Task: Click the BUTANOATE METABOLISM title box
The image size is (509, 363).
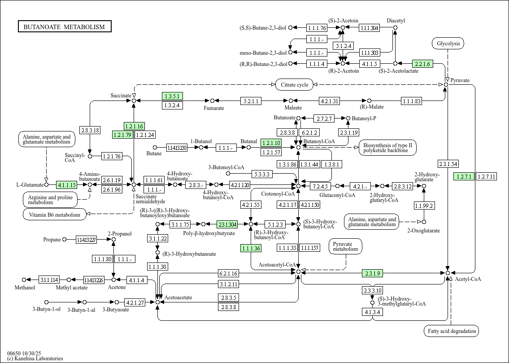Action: [x=65, y=27]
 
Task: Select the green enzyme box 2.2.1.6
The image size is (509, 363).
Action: [x=422, y=64]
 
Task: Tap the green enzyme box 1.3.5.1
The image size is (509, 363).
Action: [x=172, y=96]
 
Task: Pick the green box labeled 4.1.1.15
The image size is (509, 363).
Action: [x=66, y=184]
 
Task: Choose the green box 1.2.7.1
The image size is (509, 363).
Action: [x=463, y=176]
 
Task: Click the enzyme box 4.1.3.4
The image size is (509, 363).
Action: [x=373, y=312]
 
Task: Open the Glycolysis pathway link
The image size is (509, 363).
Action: [x=448, y=44]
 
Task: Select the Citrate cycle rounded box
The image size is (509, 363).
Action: [x=294, y=85]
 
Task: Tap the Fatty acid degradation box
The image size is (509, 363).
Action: [x=451, y=331]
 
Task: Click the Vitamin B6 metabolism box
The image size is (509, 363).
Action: [x=54, y=214]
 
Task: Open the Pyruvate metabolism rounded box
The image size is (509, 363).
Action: [x=345, y=246]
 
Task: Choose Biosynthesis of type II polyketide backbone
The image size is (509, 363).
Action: [x=387, y=148]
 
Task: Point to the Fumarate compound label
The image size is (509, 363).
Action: [x=214, y=108]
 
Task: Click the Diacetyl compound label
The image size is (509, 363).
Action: [x=396, y=21]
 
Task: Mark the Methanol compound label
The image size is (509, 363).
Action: [x=25, y=287]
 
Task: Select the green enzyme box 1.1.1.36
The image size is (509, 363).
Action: [x=251, y=248]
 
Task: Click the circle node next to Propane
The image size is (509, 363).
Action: [x=64, y=240]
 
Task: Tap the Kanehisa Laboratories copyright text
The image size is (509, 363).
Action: [x=35, y=359]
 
